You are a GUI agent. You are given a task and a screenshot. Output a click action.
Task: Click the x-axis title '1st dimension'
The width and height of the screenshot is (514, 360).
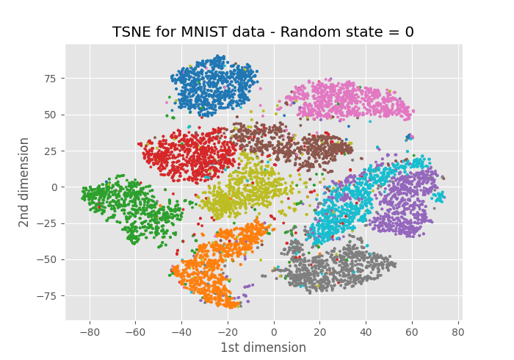[263, 348]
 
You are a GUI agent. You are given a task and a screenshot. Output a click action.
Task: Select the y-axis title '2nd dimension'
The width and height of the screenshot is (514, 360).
[24, 181]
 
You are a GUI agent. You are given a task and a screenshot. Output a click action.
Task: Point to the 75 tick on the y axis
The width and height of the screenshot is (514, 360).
[52, 79]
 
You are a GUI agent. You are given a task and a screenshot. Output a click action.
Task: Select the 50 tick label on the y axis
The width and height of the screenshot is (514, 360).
[52, 115]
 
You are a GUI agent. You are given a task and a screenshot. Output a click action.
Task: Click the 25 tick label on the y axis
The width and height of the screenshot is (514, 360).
[52, 151]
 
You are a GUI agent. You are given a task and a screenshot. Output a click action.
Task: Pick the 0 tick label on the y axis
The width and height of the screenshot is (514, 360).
[55, 187]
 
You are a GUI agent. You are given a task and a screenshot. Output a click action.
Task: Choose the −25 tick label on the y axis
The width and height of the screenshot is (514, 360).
[49, 223]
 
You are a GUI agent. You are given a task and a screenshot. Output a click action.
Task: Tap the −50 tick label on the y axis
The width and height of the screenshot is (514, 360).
[49, 259]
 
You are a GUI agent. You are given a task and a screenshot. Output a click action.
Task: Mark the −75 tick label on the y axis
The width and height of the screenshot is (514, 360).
[49, 295]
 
